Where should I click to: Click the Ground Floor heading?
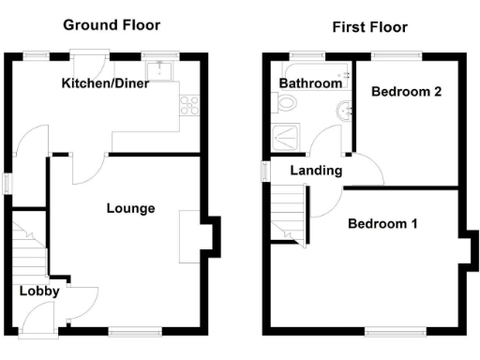[x=112, y=25]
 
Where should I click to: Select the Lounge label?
[x=130, y=208]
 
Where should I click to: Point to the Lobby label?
[x=40, y=291]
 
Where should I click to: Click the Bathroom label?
[x=310, y=83]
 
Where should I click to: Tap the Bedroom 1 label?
[x=382, y=224]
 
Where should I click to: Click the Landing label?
[x=316, y=171]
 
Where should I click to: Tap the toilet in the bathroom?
[x=286, y=106]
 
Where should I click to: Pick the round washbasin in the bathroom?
[x=343, y=111]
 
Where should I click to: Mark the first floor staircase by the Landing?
[x=290, y=213]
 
